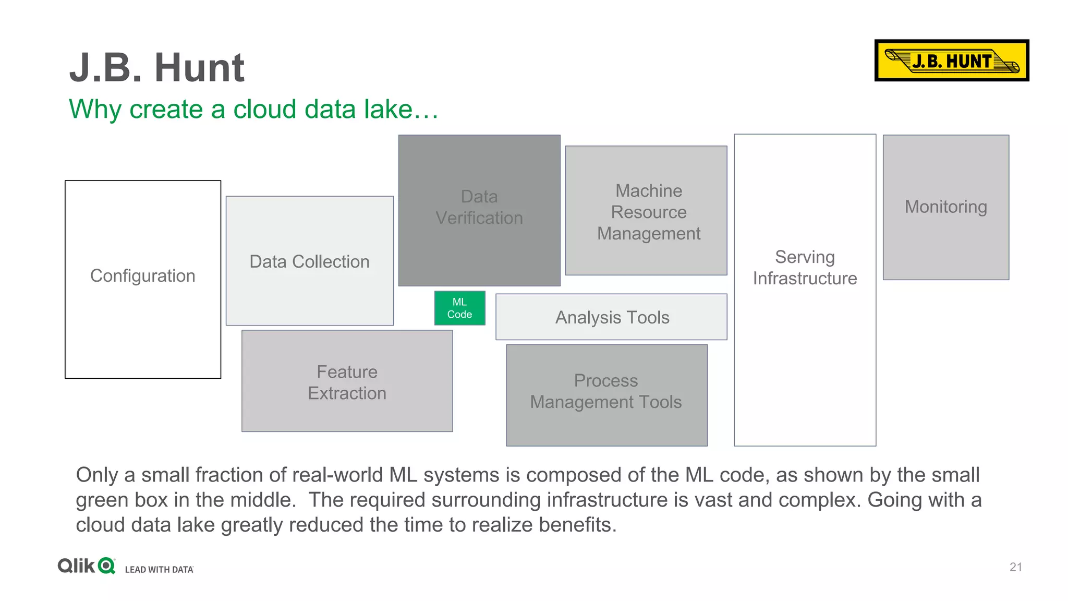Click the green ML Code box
click(459, 308)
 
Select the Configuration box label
click(142, 275)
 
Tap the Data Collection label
click(309, 261)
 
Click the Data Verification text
click(479, 207)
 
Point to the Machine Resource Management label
click(648, 212)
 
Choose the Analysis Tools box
click(612, 317)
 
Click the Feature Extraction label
click(347, 382)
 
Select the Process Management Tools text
click(605, 391)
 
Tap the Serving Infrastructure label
click(805, 268)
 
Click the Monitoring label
click(945, 207)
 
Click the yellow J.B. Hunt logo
click(951, 61)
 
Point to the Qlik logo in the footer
click(87, 566)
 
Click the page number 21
click(1015, 567)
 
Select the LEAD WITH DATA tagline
click(159, 570)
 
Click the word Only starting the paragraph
click(98, 475)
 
